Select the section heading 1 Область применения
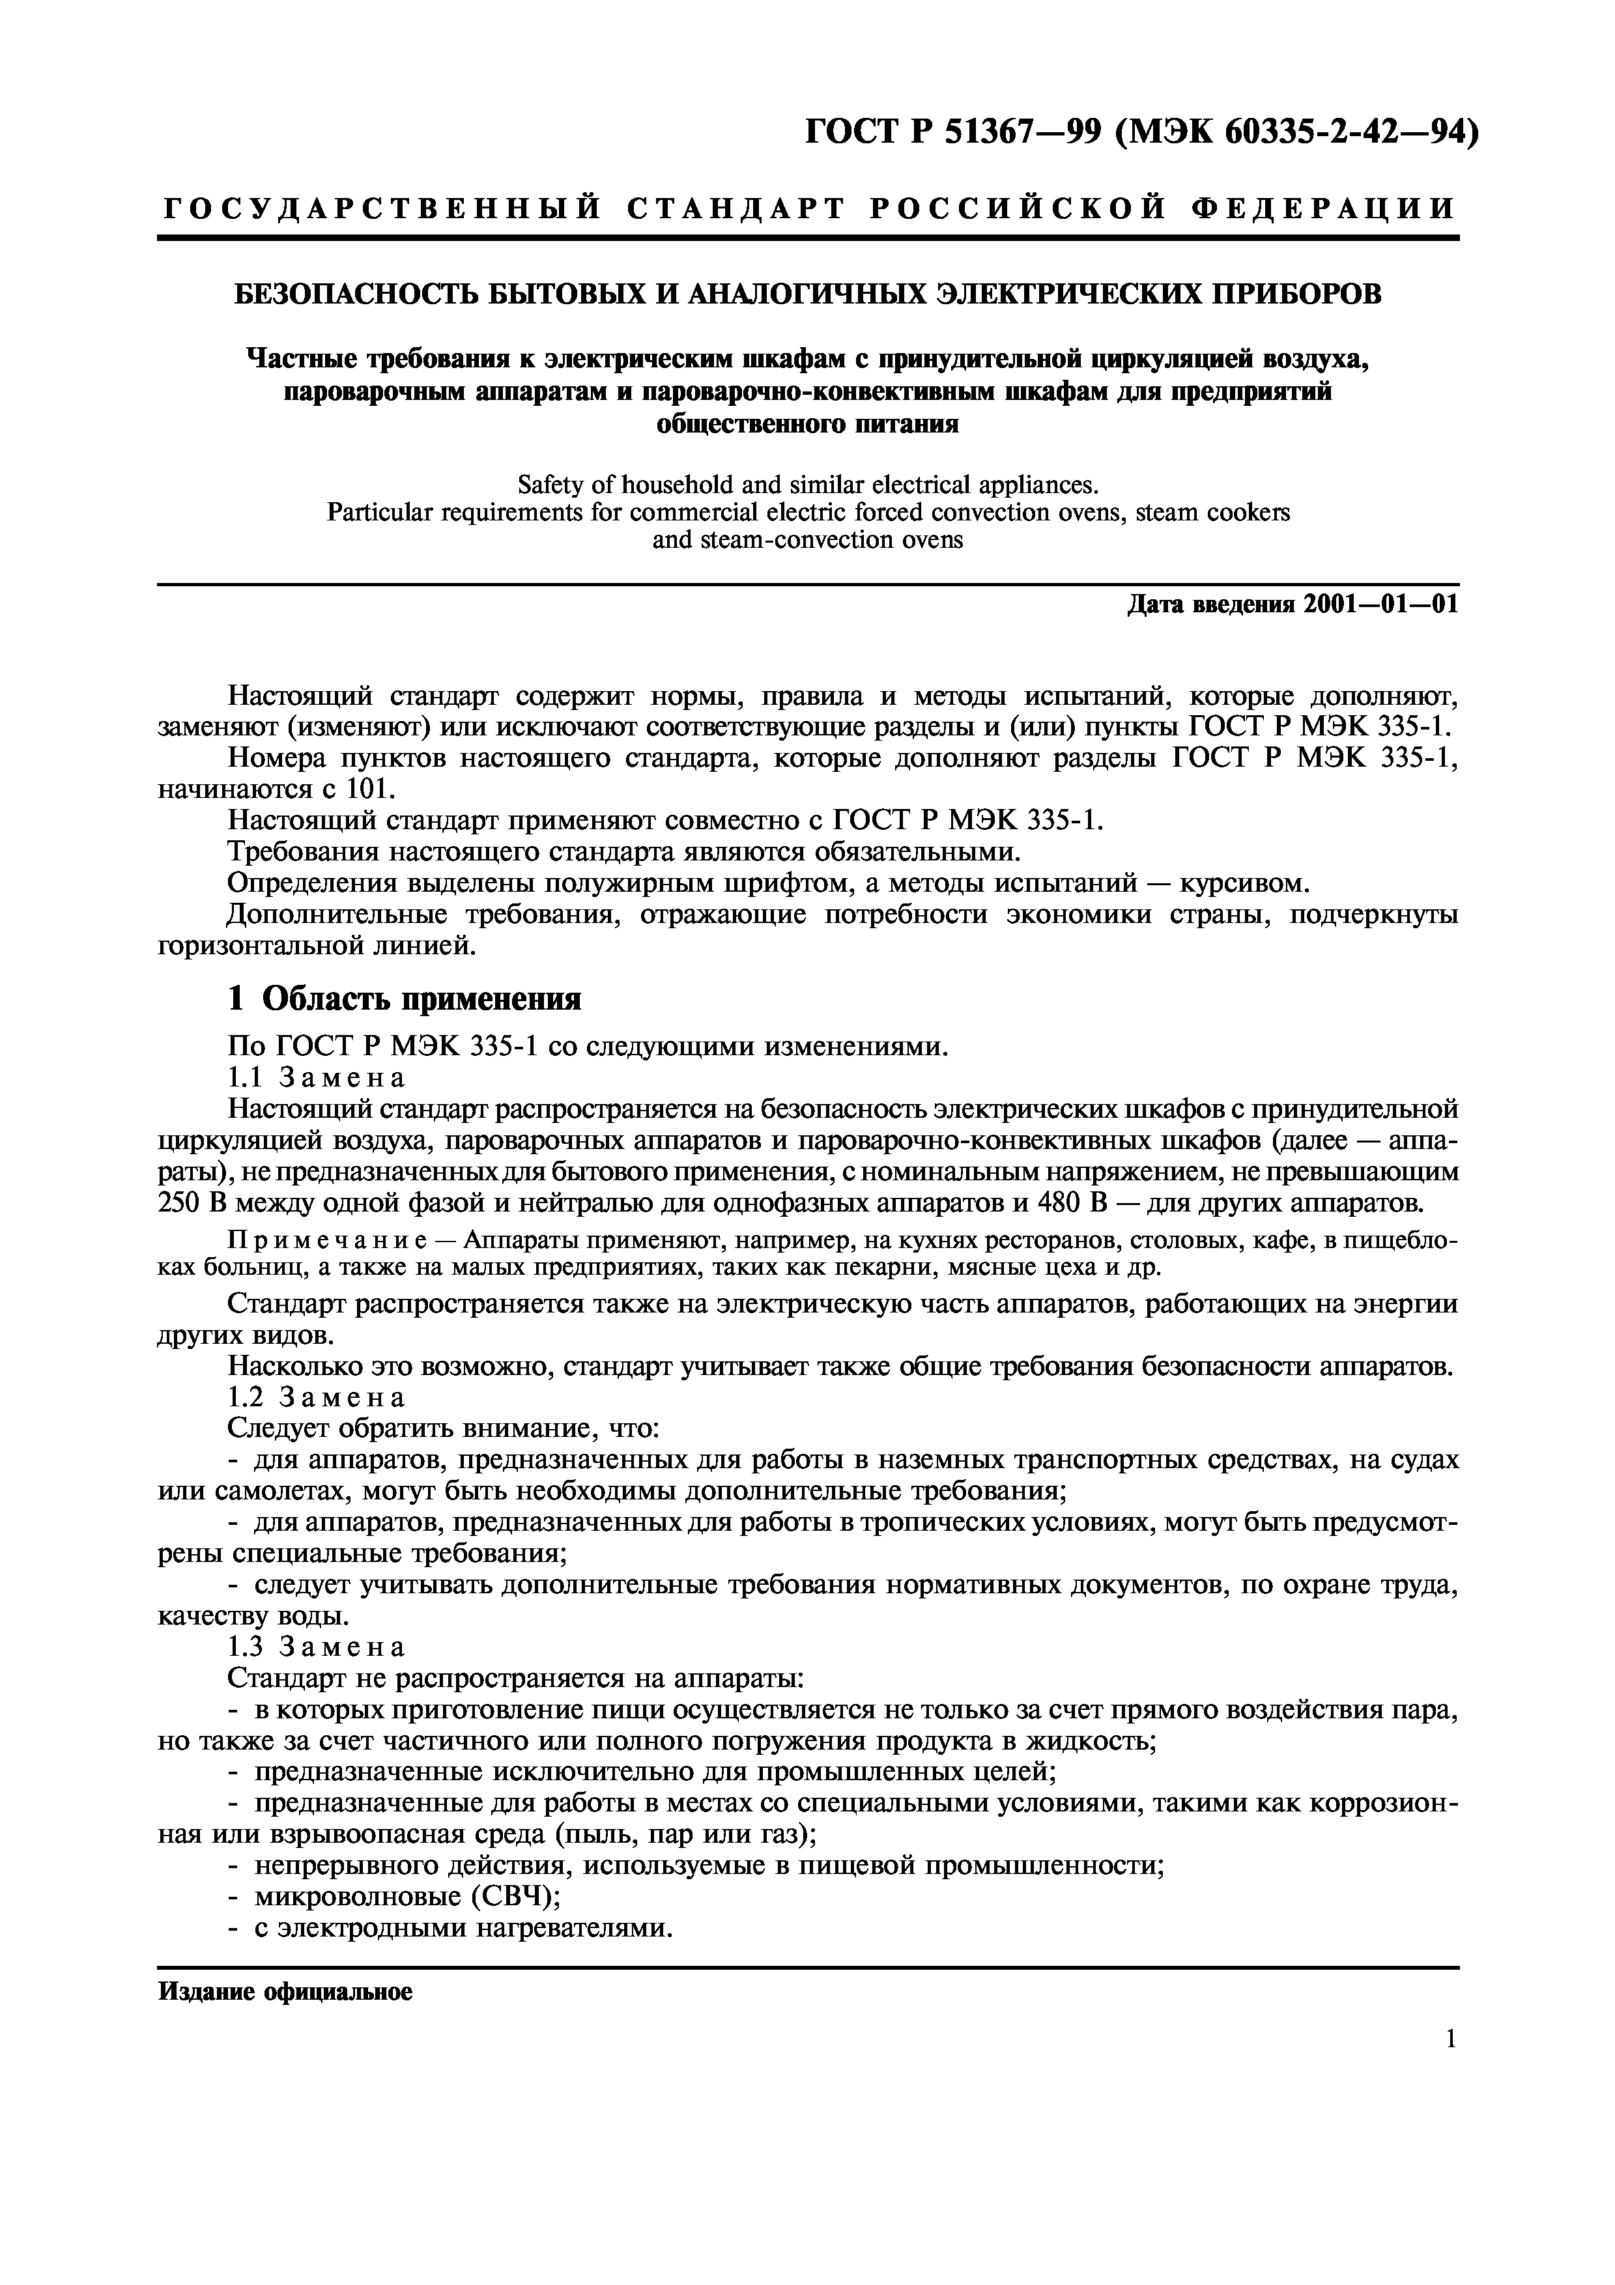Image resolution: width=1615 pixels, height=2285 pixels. click(404, 998)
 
